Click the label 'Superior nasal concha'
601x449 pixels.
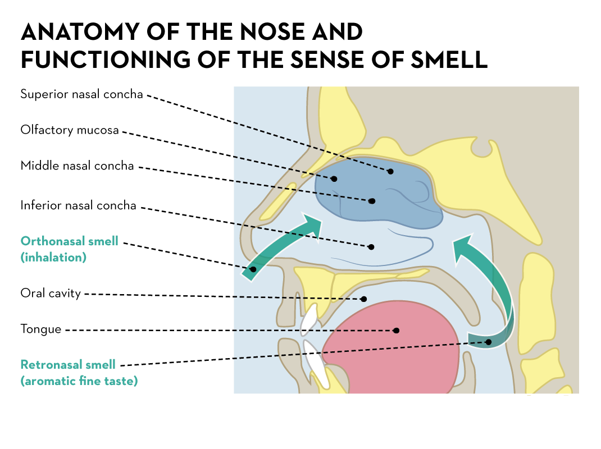(81, 94)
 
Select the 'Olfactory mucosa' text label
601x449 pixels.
(70, 130)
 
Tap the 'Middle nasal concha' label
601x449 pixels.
(77, 166)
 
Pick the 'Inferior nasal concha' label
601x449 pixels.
(78, 205)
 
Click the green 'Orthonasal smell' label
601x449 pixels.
(70, 241)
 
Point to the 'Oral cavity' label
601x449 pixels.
(51, 293)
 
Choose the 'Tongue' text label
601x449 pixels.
(40, 329)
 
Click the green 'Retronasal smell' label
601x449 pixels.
(68, 365)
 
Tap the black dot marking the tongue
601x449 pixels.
(397, 331)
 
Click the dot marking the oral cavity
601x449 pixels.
(364, 299)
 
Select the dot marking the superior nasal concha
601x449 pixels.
(390, 171)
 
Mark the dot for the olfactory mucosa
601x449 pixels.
(334, 179)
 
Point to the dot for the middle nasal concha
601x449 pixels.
(372, 200)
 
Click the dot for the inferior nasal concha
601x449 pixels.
(371, 246)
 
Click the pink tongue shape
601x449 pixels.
(393, 348)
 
